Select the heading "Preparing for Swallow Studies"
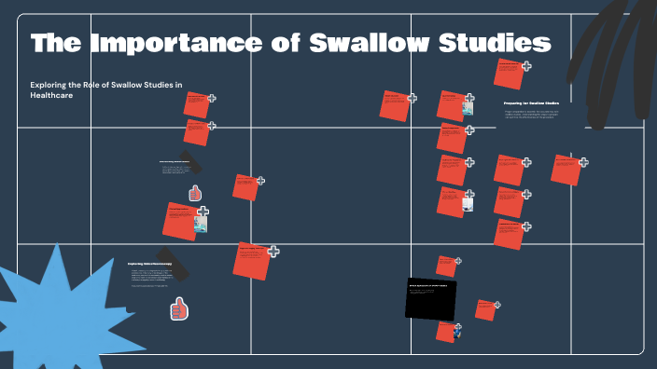pyautogui.click(x=531, y=102)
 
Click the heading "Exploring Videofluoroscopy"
pyautogui.click(x=150, y=264)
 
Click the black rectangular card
pyautogui.click(x=431, y=298)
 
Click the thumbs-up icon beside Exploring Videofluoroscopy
pyautogui.click(x=179, y=307)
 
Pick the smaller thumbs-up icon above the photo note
pyautogui.click(x=195, y=193)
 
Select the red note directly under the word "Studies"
pyautogui.click(x=509, y=73)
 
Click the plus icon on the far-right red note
pyautogui.click(x=583, y=162)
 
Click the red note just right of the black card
pyautogui.click(x=484, y=309)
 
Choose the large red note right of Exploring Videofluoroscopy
pyautogui.click(x=251, y=259)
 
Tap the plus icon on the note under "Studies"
pyautogui.click(x=526, y=66)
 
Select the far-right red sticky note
pyautogui.click(x=566, y=170)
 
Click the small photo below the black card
pyautogui.click(x=457, y=330)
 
